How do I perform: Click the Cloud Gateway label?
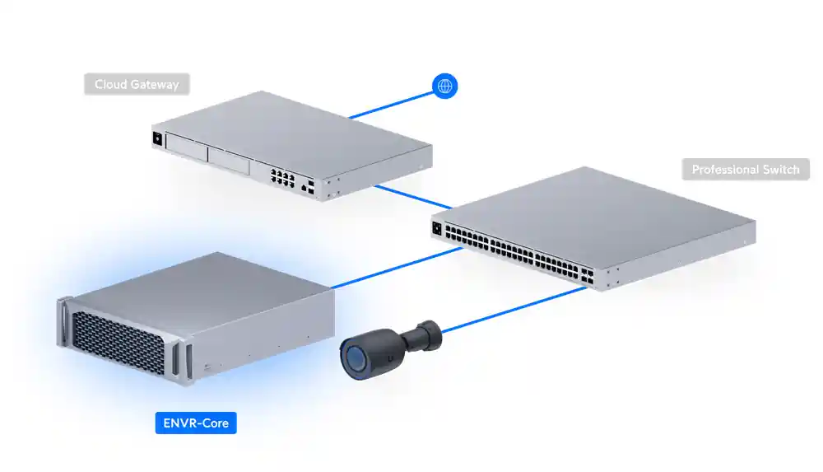coord(137,84)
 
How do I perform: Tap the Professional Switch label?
coord(746,170)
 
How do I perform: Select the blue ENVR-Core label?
coord(196,424)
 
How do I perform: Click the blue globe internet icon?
coord(445,86)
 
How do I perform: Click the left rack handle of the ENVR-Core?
coord(62,325)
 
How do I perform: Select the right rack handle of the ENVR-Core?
coord(190,359)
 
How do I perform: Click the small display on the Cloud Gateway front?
coord(156,138)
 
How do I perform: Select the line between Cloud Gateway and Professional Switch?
coord(411,196)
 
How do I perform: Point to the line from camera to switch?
coord(510,309)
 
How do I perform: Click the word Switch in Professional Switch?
coord(779,170)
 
